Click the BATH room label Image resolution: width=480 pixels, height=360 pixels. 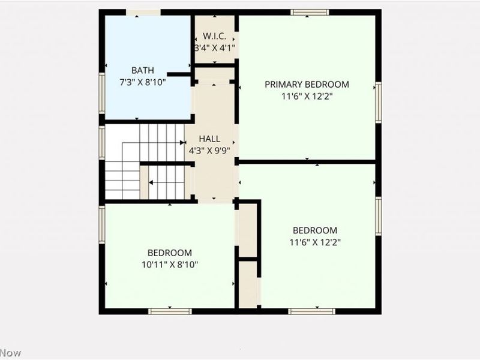pos(143,70)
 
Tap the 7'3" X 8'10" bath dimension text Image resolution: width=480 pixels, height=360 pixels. pos(143,81)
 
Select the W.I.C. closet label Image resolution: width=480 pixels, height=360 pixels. pos(214,36)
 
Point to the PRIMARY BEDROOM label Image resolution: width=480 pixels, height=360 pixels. pos(307,84)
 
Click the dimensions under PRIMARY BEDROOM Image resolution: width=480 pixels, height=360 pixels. pos(307,95)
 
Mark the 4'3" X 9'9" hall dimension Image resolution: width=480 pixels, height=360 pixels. pos(209,151)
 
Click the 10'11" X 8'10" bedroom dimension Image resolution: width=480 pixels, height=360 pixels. pos(170,264)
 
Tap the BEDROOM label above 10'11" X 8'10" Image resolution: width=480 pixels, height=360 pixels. pos(170,253)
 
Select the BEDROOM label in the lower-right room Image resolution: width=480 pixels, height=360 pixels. pos(314,230)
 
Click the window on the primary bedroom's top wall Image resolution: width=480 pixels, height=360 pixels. pos(310,12)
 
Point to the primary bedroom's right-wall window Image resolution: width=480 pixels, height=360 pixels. pos(378,103)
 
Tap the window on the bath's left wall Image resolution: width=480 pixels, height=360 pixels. pos(102,93)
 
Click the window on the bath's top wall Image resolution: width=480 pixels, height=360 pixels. pos(143,12)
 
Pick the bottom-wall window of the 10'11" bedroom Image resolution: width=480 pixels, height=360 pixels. pos(170,311)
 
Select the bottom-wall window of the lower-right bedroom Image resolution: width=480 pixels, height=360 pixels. pos(311,311)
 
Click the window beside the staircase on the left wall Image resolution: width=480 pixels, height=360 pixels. pos(102,142)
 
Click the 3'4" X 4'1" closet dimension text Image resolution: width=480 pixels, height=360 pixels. pos(214,47)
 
